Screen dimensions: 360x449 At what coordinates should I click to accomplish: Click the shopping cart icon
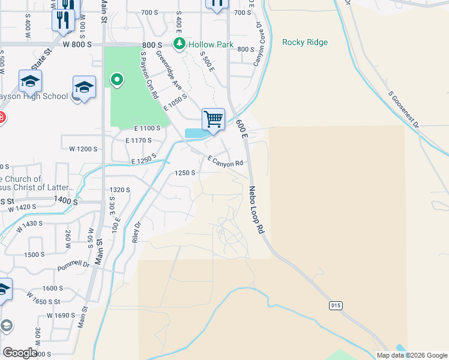(213, 119)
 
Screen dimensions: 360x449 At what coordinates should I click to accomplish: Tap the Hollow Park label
(210, 44)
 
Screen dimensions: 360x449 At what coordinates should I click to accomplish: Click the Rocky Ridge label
(305, 42)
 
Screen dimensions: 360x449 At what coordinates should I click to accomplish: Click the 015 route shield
(336, 305)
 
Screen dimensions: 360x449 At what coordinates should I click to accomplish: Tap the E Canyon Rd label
(226, 161)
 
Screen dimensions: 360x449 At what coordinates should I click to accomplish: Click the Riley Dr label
(137, 232)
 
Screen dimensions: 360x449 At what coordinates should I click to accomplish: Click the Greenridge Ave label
(169, 71)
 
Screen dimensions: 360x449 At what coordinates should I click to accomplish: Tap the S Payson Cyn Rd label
(149, 76)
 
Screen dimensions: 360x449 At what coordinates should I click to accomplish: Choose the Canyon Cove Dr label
(258, 44)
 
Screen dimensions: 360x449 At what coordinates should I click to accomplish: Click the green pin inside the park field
(117, 79)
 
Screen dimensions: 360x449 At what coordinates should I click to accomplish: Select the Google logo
(20, 352)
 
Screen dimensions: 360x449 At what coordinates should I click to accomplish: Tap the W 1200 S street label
(83, 148)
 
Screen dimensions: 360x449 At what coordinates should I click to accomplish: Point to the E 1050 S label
(175, 101)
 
